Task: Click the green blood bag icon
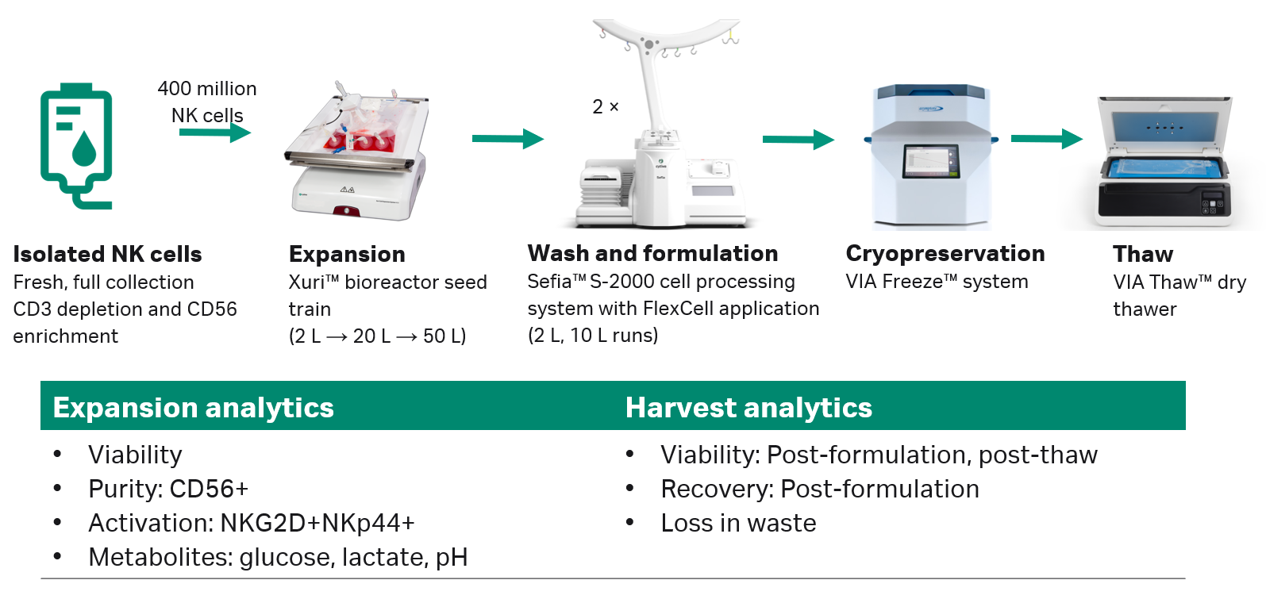click(76, 145)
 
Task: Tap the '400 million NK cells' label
click(207, 102)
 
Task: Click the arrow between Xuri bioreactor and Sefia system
click(507, 139)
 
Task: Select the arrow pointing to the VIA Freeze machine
click(798, 140)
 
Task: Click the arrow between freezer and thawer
click(1046, 139)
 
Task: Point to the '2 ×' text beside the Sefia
click(606, 107)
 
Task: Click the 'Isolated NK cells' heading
click(107, 254)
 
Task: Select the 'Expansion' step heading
click(347, 254)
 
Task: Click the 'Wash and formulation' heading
click(652, 253)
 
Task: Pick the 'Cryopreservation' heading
click(945, 253)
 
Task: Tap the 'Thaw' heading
click(1142, 254)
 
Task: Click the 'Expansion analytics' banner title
click(193, 407)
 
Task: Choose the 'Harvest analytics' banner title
click(748, 407)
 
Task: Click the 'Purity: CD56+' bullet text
click(168, 489)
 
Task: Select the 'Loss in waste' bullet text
click(738, 523)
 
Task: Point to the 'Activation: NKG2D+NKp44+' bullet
click(251, 523)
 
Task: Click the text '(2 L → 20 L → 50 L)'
click(377, 336)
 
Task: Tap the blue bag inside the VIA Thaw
click(1162, 168)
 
